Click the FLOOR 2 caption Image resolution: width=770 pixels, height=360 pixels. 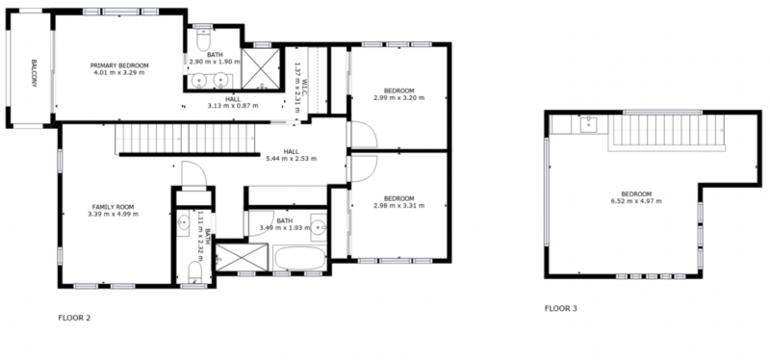tap(74, 318)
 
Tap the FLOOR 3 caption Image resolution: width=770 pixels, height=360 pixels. tap(561, 308)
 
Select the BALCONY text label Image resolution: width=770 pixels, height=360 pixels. tap(34, 73)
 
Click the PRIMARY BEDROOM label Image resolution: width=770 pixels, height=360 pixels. tap(119, 65)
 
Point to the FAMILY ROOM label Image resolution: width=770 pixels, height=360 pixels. tap(113, 207)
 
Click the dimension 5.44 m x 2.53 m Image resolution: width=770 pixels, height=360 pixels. tap(292, 159)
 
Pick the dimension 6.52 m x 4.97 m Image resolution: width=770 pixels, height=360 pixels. tap(636, 201)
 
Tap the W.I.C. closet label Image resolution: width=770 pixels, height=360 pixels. tap(304, 88)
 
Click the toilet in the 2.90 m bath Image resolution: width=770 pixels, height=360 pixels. tap(203, 39)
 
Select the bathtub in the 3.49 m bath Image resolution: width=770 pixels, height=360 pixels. tap(299, 258)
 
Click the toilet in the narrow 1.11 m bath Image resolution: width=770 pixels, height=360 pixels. tap(195, 272)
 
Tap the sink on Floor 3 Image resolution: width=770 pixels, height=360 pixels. tap(588, 124)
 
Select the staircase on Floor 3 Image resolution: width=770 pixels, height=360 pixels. tap(667, 131)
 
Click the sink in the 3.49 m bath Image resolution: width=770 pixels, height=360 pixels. tap(320, 227)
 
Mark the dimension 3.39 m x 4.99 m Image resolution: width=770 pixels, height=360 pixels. tap(113, 214)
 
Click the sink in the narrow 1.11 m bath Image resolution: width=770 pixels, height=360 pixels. tap(184, 223)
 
